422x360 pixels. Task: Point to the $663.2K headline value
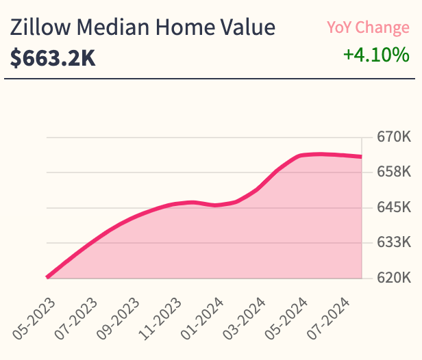point(53,58)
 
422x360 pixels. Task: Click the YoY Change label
point(368,28)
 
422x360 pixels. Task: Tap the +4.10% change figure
point(376,54)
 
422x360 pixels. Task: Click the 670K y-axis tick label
point(393,137)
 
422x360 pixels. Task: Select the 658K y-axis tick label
point(393,172)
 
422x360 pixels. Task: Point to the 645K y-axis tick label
point(393,207)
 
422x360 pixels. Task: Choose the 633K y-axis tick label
point(393,242)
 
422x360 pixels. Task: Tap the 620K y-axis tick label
point(393,278)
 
